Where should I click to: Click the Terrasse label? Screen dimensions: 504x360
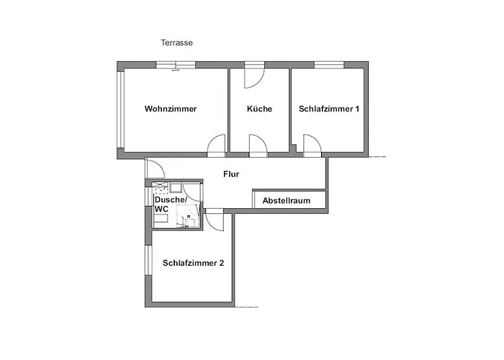pos(177,42)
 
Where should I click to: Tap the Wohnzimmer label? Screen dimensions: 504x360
pos(171,109)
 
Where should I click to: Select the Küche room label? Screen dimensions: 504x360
pos(259,109)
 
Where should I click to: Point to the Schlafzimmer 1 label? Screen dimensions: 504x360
pos(329,109)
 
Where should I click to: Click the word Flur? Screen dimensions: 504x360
pos(231,174)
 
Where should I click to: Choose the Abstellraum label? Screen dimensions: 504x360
pos(286,201)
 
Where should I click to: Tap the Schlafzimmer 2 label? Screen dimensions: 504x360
pos(193,263)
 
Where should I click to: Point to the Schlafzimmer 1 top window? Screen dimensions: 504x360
pos(329,65)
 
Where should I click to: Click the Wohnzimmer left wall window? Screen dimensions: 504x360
pos(120,109)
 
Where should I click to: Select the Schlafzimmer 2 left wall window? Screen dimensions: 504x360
pos(148,261)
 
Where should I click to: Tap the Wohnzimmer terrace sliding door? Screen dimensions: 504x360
pos(176,66)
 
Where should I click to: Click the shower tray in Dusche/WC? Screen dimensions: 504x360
pos(189,216)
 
